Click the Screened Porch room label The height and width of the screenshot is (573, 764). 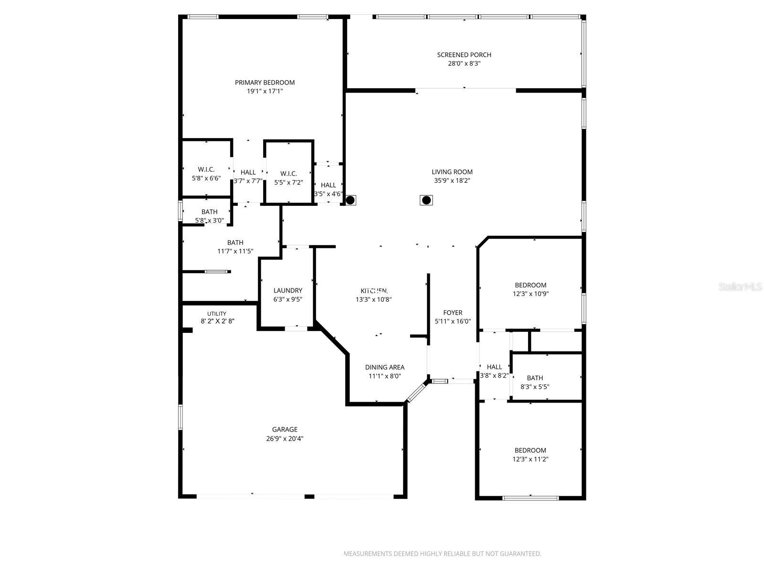(464, 55)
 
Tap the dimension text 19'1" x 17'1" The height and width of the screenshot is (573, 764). (265, 91)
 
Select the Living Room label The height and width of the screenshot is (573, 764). (452, 172)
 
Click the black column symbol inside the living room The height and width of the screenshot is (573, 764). (426, 200)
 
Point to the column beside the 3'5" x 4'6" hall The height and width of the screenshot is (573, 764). (350, 200)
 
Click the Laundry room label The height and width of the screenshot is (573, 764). (287, 290)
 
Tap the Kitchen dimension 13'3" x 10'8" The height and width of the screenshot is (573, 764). (373, 300)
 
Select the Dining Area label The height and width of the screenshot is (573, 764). (384, 367)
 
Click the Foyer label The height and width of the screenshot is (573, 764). (452, 313)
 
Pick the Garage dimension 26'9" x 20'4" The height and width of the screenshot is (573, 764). (285, 438)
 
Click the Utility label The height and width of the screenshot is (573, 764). (217, 314)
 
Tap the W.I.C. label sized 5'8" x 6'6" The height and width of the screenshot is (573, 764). (206, 170)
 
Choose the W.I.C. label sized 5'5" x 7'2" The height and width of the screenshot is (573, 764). (288, 173)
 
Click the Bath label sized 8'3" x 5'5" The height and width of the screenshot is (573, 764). (535, 378)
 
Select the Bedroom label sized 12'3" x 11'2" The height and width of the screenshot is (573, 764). (530, 450)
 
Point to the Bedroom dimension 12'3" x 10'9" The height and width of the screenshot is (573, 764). (530, 294)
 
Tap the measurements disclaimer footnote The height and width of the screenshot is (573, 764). (442, 554)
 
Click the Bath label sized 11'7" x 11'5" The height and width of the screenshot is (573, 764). (235, 243)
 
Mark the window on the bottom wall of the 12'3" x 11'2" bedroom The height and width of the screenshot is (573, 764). (530, 498)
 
